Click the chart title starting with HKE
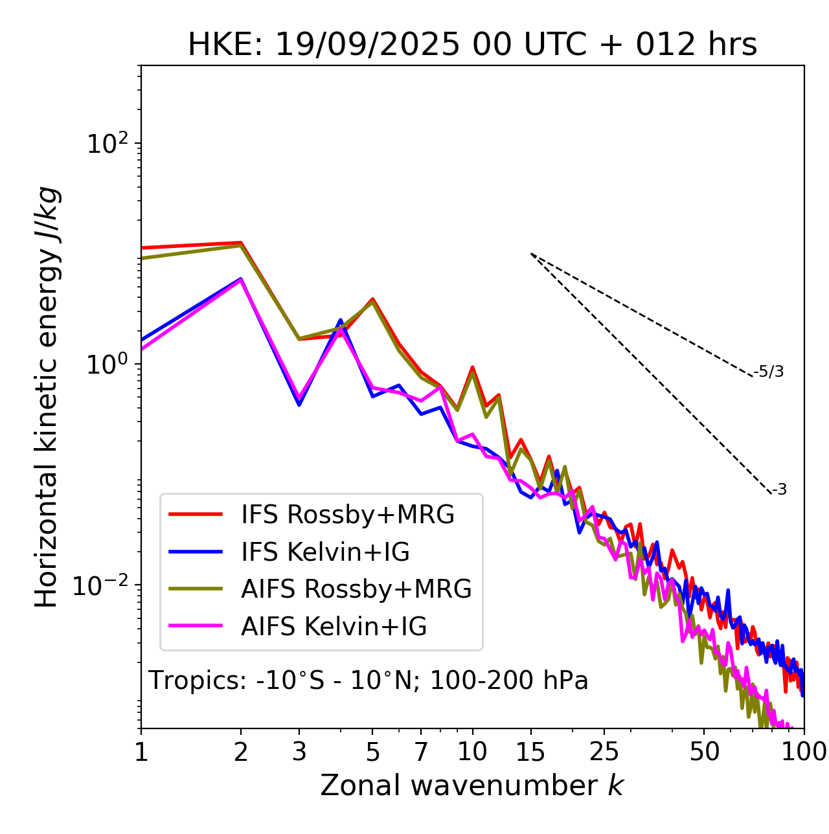(x=472, y=45)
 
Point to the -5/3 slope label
(x=769, y=372)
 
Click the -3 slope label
(x=780, y=490)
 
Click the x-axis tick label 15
(x=531, y=752)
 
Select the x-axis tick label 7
(x=421, y=752)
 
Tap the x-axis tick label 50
(x=705, y=752)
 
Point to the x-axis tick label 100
(x=803, y=752)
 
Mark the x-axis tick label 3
(x=299, y=752)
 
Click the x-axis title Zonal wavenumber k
(x=472, y=785)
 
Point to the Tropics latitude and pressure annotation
(x=369, y=681)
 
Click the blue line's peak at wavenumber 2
(x=241, y=279)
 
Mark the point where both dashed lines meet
(x=531, y=254)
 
